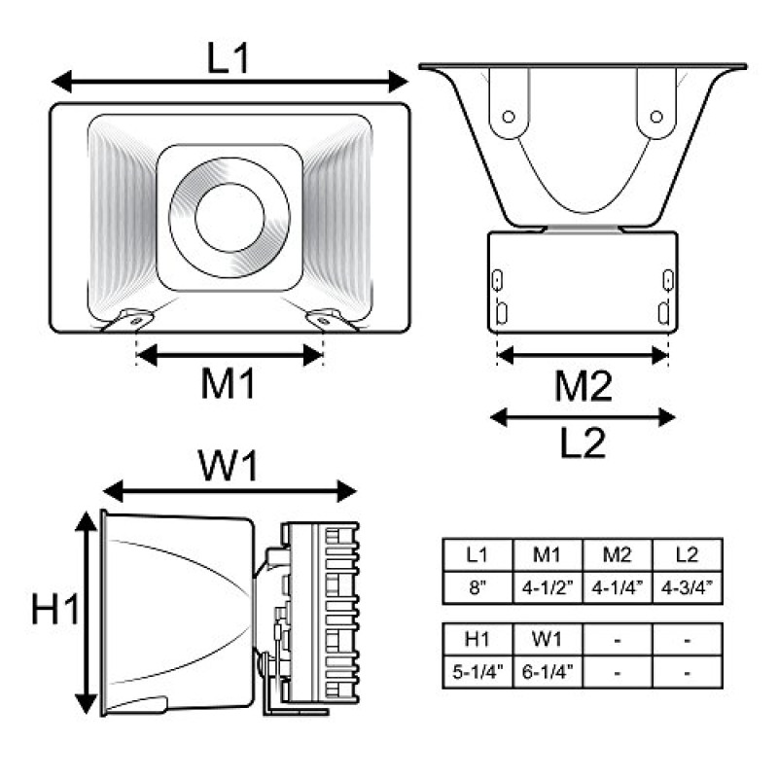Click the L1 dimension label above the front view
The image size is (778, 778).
click(x=228, y=58)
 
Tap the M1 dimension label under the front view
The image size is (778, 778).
click(x=228, y=383)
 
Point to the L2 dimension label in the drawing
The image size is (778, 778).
click(x=583, y=442)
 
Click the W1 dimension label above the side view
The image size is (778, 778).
click(x=229, y=465)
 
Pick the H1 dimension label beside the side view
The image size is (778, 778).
click(x=55, y=609)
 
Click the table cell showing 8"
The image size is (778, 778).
click(x=477, y=588)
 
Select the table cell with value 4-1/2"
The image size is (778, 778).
click(x=548, y=588)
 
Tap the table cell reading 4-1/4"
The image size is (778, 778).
click(x=618, y=588)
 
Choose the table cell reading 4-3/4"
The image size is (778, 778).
click(x=688, y=588)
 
